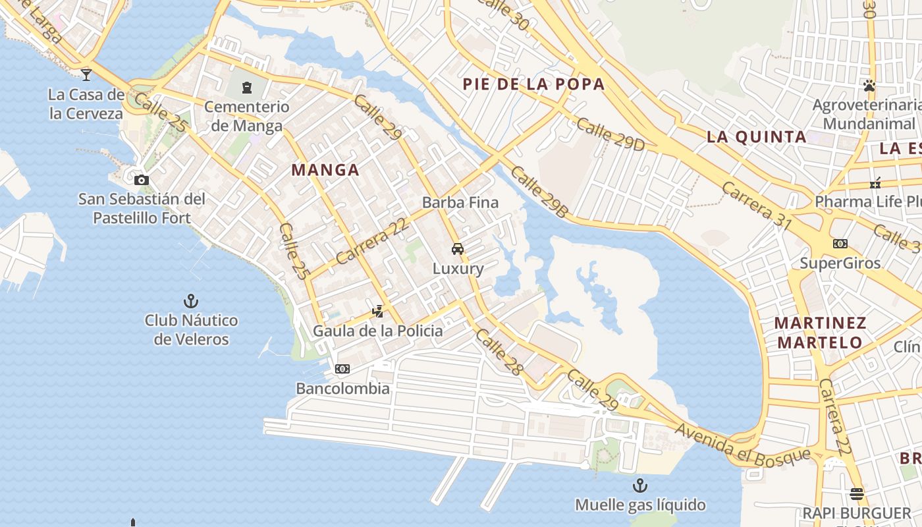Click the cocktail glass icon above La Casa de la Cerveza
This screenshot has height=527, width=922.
coord(86,74)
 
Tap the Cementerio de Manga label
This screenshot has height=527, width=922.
coord(247,116)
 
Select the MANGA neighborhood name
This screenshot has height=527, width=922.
coord(325,170)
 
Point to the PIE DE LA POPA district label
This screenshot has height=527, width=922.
coord(533,84)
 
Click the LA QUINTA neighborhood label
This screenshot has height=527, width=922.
coord(757,137)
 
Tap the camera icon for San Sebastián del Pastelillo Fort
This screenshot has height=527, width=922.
coord(141,180)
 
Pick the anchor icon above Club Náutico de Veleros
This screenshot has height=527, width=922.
coord(191,301)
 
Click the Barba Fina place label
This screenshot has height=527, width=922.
coord(460,202)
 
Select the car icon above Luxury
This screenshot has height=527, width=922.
coord(458,249)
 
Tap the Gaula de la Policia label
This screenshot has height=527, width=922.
coord(378,330)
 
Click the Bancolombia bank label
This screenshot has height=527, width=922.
coord(342,388)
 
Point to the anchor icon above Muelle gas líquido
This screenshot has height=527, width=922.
coord(640,486)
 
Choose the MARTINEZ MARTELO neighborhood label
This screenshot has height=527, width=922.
coord(820,333)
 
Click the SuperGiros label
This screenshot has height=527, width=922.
coord(840,263)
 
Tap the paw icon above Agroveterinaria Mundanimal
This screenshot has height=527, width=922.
coord(869,85)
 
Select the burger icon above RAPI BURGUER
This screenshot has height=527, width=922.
coord(857,493)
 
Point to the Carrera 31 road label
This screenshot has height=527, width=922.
coord(757,205)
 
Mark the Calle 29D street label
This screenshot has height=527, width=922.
coord(610,134)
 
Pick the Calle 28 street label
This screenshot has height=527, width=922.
coord(499,352)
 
